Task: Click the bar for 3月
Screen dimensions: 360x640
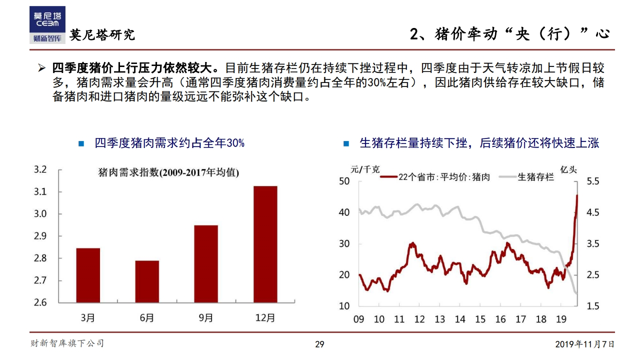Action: pos(88,275)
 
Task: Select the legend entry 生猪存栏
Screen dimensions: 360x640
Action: pos(535,176)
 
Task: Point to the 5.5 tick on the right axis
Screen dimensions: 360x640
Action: pos(592,181)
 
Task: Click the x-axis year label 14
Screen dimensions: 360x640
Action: pos(460,319)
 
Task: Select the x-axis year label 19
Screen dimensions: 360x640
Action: pos(561,319)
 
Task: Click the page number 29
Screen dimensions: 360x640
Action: pos(319,344)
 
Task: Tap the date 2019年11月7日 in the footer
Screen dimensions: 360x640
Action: pos(584,344)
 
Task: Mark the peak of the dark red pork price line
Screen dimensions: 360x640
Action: pos(577,195)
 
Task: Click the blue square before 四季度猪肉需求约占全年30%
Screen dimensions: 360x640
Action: pos(81,144)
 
